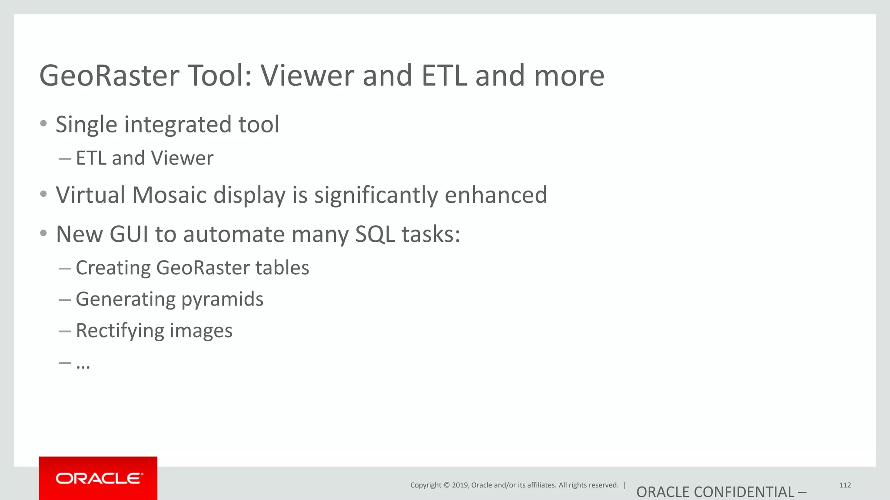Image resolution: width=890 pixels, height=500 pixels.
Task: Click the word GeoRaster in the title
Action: point(109,76)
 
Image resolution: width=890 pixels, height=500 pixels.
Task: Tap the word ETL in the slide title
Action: point(444,76)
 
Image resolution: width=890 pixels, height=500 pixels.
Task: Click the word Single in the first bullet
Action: point(86,125)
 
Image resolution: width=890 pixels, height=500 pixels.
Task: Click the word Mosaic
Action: point(169,195)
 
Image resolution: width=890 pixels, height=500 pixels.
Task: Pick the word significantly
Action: point(376,195)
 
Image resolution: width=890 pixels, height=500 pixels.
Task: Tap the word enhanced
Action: point(495,195)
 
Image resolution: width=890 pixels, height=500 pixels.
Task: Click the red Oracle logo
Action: point(98,478)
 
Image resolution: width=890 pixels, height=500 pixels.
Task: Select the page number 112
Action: point(845,485)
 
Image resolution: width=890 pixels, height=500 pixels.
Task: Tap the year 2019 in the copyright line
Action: point(460,485)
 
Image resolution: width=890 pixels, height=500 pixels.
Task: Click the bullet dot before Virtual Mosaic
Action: point(43,194)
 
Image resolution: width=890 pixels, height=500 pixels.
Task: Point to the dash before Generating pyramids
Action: point(65,299)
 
